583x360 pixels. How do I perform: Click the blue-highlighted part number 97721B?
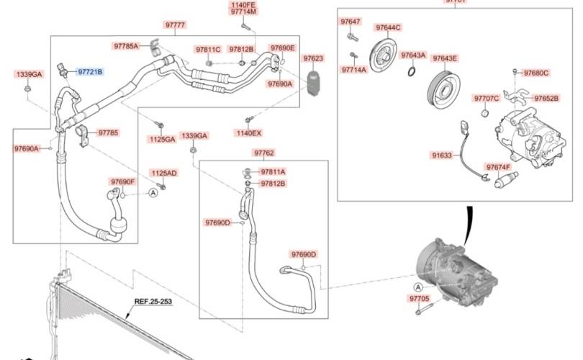[x=91, y=72]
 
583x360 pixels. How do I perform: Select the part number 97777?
[x=176, y=25]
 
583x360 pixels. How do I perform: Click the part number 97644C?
[x=388, y=27]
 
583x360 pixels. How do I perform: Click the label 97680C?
[x=536, y=73]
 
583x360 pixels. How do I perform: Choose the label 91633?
[x=442, y=155]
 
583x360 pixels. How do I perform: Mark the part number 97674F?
[x=498, y=167]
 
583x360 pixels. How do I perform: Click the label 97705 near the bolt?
[x=419, y=298]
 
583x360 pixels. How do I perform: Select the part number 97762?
[x=263, y=153]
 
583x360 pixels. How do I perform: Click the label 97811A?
[x=273, y=172]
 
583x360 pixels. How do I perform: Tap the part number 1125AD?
[x=163, y=174]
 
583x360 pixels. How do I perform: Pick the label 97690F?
[x=123, y=181]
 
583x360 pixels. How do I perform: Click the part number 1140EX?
[x=248, y=132]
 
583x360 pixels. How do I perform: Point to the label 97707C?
[x=487, y=98]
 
